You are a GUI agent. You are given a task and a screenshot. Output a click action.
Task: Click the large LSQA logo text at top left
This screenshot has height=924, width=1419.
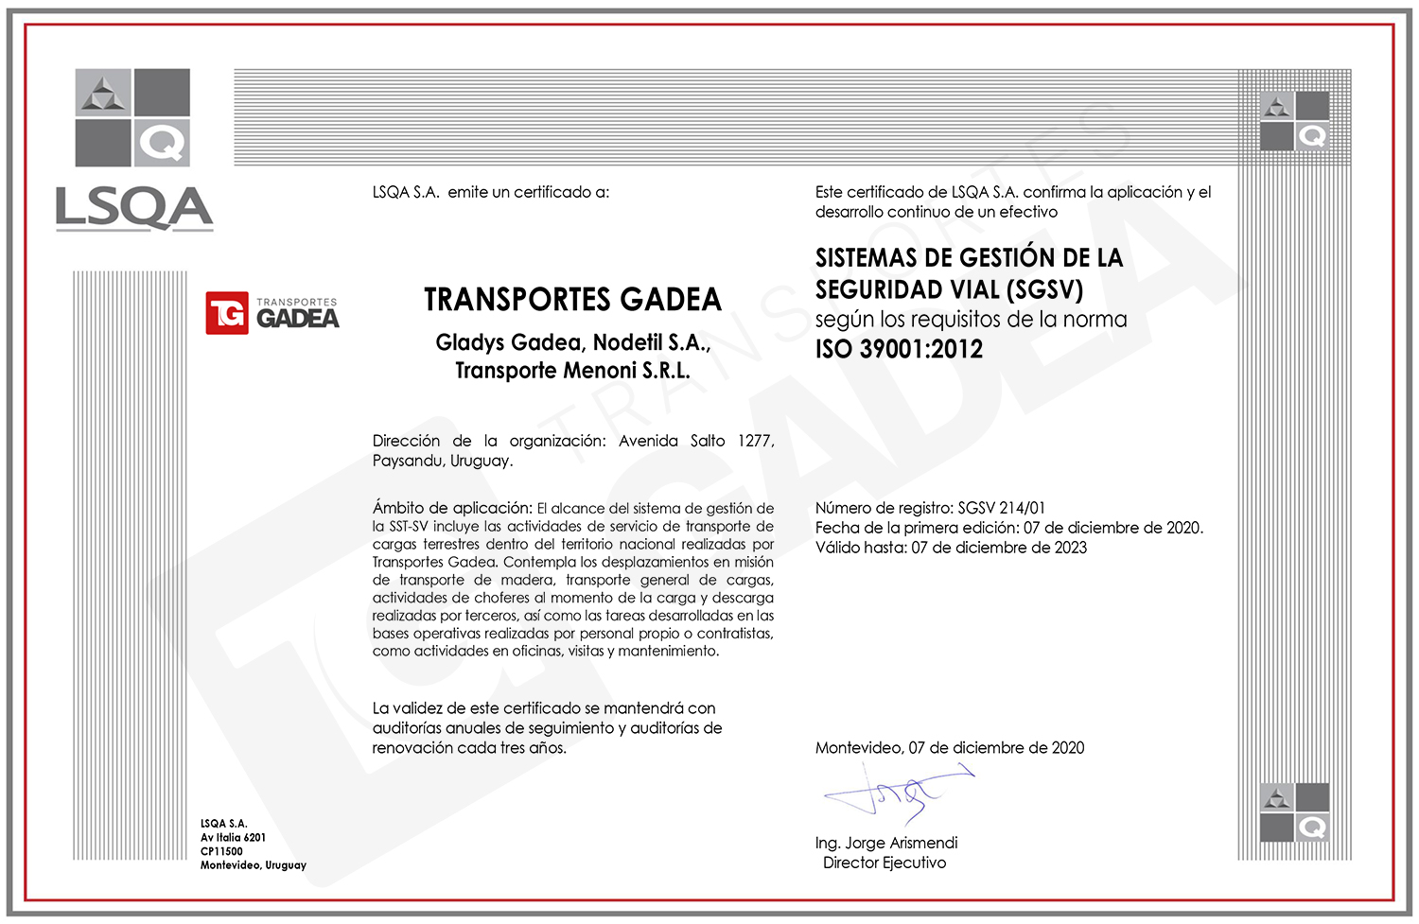[134, 208]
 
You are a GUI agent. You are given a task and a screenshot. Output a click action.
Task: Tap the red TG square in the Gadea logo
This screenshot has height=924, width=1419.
[227, 313]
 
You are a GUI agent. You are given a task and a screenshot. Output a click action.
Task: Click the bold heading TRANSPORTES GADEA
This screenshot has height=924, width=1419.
[572, 300]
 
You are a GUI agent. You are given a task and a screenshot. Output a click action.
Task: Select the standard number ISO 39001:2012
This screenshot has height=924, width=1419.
[899, 350]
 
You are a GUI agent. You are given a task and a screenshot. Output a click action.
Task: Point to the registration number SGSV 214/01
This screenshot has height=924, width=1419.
[1001, 508]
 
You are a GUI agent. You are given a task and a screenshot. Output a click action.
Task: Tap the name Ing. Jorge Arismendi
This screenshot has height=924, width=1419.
[886, 843]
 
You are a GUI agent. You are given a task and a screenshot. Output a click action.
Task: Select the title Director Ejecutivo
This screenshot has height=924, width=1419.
[885, 863]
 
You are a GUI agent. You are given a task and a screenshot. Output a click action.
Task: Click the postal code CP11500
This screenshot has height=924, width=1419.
[221, 851]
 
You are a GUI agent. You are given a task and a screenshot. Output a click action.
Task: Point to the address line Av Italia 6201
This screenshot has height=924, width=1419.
[233, 837]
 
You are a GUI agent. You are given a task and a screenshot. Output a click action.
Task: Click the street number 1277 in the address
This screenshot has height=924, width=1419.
[755, 441]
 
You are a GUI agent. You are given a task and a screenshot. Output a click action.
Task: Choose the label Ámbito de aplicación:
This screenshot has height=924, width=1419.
[452, 508]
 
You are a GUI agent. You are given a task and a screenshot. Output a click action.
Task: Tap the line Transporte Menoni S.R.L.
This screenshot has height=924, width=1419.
[572, 371]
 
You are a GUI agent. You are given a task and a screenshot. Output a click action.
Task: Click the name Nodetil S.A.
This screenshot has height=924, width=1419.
[652, 342]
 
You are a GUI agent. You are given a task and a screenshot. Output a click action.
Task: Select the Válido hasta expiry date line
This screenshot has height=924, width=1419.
[951, 548]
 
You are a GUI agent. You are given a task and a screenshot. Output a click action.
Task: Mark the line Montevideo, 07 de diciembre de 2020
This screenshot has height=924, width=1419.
[950, 747]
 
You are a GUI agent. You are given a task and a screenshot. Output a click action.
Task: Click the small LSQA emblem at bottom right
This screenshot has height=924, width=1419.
[1294, 812]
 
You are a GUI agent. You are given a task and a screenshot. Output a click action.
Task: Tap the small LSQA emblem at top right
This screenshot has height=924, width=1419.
[1294, 121]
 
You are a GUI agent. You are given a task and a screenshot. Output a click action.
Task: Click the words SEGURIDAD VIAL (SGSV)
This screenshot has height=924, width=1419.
[949, 289]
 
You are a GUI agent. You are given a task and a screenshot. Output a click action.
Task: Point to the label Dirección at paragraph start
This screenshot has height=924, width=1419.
[406, 441]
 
